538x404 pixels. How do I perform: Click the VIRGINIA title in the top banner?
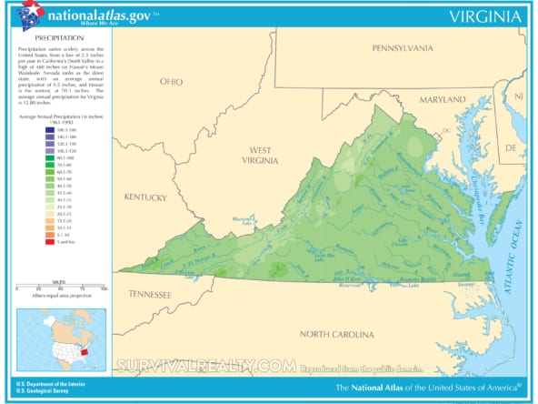[484, 16]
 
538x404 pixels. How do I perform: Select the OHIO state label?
[171, 82]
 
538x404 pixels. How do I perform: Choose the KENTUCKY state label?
[146, 197]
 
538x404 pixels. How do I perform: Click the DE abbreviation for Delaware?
[511, 146]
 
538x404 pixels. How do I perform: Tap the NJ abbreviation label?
[519, 96]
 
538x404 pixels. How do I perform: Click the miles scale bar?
[59, 287]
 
